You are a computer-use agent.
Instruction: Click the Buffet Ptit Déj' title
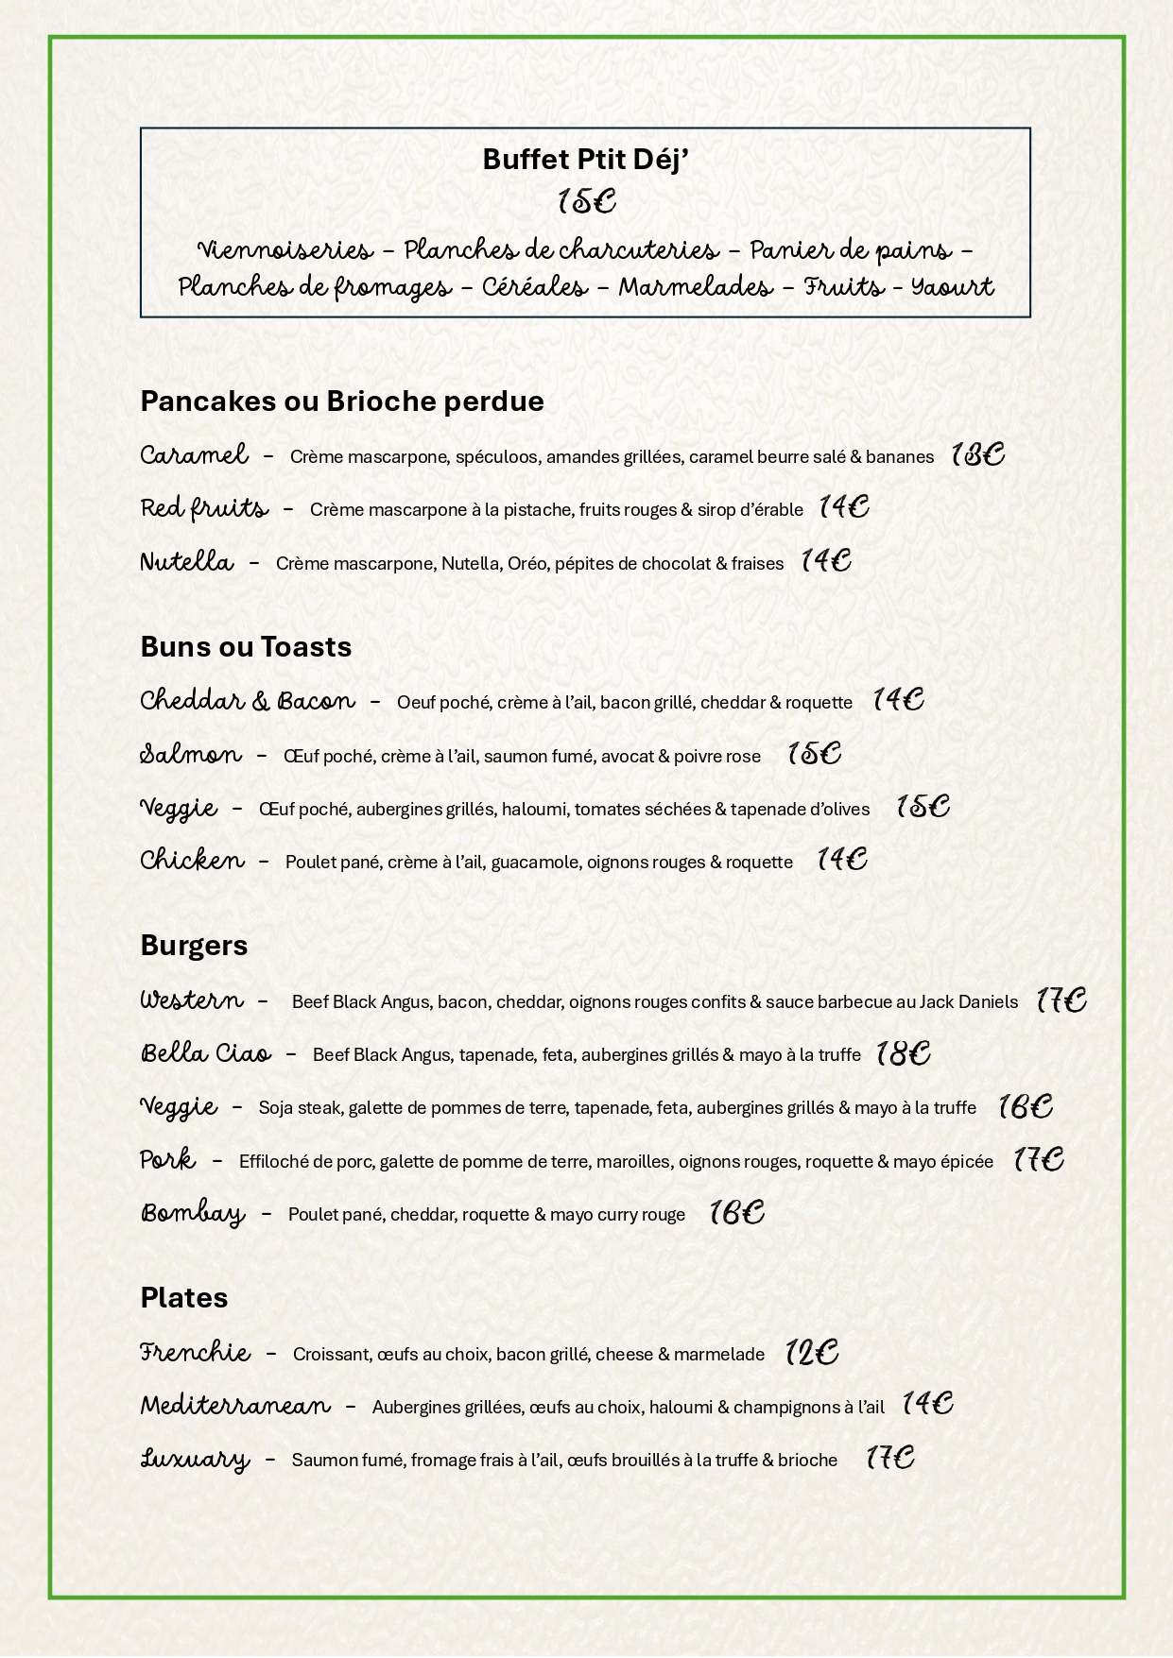(585, 159)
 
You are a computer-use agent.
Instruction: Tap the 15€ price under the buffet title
(586, 201)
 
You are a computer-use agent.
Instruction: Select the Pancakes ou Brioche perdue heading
(342, 401)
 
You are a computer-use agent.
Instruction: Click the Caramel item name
(194, 455)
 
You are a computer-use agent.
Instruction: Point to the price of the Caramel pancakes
(977, 455)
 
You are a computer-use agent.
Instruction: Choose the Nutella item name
(186, 562)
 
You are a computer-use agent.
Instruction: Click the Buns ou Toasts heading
(246, 646)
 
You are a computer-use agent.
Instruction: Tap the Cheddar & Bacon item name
(248, 701)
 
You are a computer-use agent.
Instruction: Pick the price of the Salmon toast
(814, 754)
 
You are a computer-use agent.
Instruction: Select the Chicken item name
(192, 861)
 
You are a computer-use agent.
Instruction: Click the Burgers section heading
(194, 945)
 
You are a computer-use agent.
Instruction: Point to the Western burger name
(192, 1000)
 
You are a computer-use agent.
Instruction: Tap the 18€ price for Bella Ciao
(904, 1053)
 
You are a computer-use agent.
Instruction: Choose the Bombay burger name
(193, 1213)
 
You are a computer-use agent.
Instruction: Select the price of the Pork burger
(1039, 1159)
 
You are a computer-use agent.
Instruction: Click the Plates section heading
(183, 1297)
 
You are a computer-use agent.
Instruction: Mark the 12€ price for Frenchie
(812, 1353)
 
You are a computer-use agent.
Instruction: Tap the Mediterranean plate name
(235, 1406)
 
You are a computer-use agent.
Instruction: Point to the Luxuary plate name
(195, 1460)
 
